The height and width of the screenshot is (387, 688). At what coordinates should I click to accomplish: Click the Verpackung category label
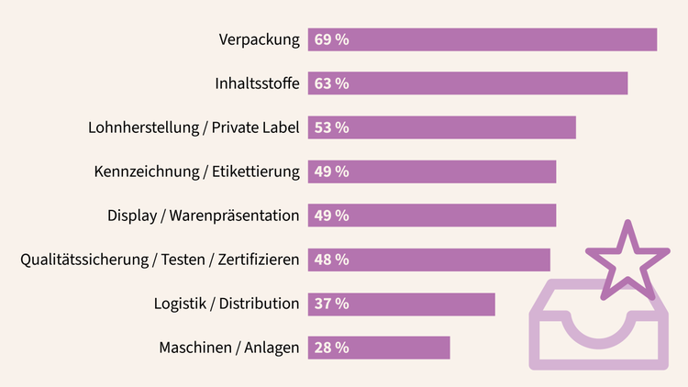[260, 39]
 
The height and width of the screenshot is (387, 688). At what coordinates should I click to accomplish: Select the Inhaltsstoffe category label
[257, 83]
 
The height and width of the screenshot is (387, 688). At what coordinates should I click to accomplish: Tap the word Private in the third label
[237, 127]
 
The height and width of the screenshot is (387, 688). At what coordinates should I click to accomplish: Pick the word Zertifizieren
[261, 260]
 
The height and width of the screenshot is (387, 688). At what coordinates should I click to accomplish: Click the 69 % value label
[331, 39]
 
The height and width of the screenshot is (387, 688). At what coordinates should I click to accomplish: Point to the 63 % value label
[331, 83]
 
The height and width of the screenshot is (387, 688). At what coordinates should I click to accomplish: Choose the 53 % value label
[331, 127]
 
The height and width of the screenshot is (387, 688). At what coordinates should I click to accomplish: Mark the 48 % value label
[331, 260]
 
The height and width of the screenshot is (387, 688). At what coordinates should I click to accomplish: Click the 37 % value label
[331, 304]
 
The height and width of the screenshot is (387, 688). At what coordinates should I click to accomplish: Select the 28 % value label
[331, 348]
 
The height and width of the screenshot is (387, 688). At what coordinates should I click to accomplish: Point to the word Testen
[182, 260]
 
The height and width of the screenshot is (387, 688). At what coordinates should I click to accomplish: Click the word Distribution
[262, 304]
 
